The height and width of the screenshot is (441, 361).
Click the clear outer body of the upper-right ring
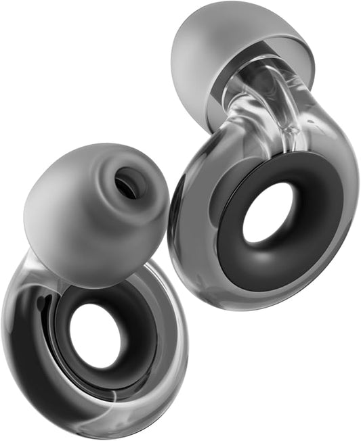pyautogui.click(x=196, y=257)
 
